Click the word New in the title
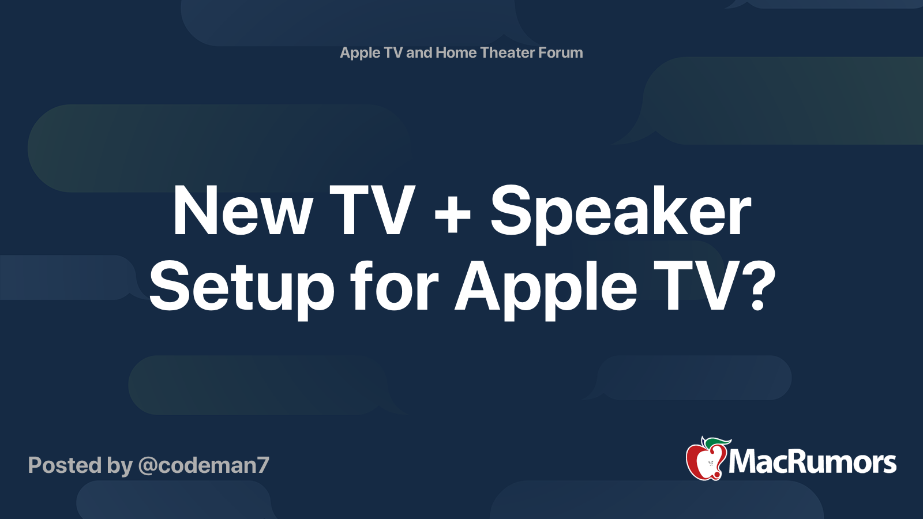point(242,212)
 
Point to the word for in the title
point(395,287)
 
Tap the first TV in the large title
point(372,212)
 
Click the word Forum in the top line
point(560,52)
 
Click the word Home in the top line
point(456,52)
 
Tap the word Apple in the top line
point(360,53)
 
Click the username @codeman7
point(204,465)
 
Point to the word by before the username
point(119,466)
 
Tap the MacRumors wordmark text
point(812,462)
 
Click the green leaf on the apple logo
point(718,442)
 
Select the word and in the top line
point(419,52)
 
